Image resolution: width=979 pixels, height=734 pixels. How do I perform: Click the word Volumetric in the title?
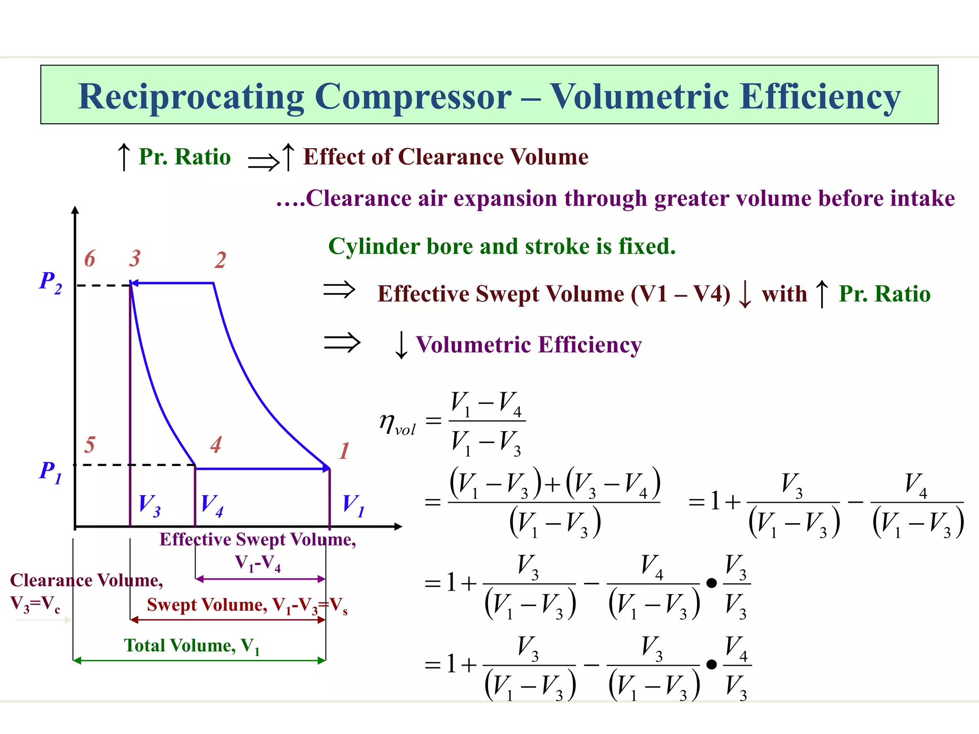(x=639, y=97)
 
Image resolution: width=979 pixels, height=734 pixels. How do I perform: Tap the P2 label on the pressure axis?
(x=50, y=281)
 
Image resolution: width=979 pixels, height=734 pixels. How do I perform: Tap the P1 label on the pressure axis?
(x=51, y=472)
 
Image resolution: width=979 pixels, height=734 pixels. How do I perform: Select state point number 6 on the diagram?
(x=89, y=259)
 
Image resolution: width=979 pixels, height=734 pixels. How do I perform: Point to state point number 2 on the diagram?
(x=220, y=260)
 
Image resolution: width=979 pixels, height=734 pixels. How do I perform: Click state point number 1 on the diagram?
(x=344, y=451)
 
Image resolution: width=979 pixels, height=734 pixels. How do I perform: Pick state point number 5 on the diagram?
(x=89, y=445)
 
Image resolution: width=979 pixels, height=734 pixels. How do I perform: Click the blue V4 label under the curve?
(x=212, y=505)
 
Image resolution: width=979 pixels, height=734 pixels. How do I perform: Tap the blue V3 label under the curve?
(x=149, y=505)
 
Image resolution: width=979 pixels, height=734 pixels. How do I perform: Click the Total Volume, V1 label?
(x=192, y=646)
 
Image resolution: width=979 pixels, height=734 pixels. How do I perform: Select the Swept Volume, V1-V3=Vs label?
(x=247, y=605)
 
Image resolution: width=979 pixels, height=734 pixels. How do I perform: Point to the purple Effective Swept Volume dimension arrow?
(x=261, y=579)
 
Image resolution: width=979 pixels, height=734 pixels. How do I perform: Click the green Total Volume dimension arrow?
(x=199, y=660)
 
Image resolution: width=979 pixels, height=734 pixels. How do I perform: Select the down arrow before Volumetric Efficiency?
(x=401, y=345)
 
